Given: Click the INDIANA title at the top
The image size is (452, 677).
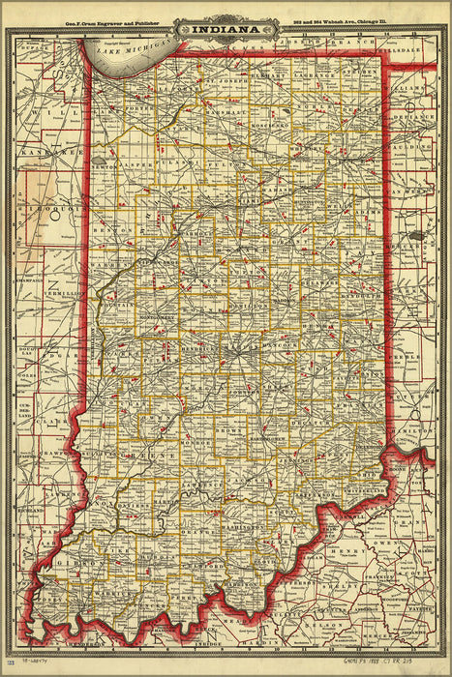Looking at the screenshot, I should click(x=228, y=29).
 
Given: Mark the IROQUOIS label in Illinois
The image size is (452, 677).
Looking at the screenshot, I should click(x=43, y=208).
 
